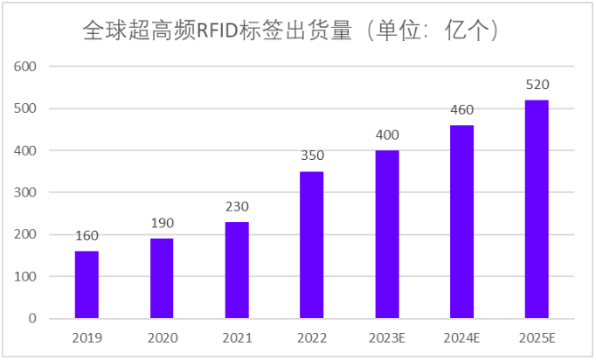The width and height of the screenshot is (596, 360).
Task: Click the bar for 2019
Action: (x=87, y=285)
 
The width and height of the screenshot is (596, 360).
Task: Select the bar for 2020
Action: (x=162, y=279)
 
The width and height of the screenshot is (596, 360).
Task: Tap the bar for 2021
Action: (x=237, y=270)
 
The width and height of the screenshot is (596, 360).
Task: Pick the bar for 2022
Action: (x=312, y=245)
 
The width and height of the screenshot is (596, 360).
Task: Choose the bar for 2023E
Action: (x=387, y=234)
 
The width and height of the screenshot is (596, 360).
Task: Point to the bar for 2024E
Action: (x=461, y=222)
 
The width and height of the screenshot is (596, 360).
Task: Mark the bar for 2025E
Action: (x=537, y=209)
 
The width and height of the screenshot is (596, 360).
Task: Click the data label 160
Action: (x=87, y=237)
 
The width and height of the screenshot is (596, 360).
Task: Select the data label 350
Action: (x=312, y=156)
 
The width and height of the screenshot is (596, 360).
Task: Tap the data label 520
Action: (x=537, y=85)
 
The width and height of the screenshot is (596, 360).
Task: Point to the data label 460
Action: (x=461, y=111)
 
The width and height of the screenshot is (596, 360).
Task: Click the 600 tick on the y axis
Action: (x=26, y=66)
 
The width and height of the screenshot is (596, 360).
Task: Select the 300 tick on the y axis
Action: (x=26, y=192)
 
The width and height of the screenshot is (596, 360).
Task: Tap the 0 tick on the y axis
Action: (x=33, y=319)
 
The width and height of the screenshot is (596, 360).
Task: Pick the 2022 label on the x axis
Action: (x=312, y=338)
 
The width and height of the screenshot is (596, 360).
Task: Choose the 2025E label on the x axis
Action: (x=537, y=338)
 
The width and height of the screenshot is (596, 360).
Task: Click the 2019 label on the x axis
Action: (x=87, y=338)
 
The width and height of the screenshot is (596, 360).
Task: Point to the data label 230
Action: (x=237, y=207)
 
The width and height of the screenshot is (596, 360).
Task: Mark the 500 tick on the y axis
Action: (x=26, y=108)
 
